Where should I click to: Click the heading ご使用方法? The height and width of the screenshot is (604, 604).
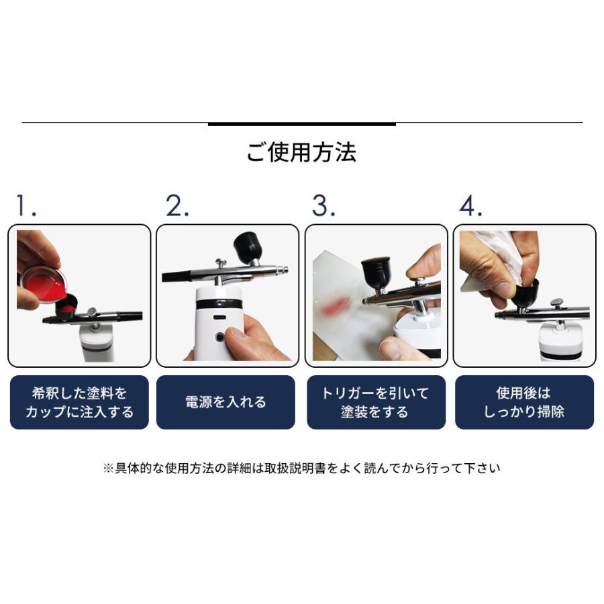301,152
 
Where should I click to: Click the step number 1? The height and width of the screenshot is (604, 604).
26,207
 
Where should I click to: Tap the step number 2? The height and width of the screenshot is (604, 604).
177,207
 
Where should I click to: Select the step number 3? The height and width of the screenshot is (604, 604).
323,207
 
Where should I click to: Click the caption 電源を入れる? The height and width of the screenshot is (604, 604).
225,402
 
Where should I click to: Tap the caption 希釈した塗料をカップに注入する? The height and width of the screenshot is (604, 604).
79,402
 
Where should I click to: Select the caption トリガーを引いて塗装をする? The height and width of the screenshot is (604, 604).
376,402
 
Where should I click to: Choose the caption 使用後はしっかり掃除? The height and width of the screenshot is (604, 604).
524,402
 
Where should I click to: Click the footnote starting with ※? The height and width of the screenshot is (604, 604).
301,468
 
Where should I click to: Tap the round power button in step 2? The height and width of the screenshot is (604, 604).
219,336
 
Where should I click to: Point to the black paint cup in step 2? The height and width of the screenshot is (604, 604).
248,247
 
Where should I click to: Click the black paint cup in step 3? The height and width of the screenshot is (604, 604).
376,272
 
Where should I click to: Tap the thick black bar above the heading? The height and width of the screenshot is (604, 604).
301,123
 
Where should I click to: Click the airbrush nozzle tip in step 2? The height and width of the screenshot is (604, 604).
285,271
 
